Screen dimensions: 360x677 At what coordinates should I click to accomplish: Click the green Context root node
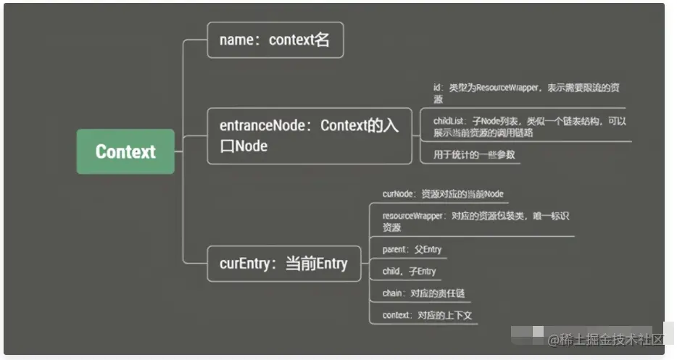125,151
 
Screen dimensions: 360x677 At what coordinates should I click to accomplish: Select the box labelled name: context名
275,40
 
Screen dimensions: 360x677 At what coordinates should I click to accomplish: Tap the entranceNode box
309,135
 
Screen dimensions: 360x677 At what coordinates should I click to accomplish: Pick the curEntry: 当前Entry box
283,264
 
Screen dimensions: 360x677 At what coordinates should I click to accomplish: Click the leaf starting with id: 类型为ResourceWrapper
519,93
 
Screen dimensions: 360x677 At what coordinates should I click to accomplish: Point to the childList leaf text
529,127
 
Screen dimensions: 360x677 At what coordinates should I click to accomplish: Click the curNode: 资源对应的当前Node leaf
442,194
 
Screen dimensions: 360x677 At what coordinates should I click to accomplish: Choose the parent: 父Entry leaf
412,250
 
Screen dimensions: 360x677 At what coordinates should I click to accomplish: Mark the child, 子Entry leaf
409,272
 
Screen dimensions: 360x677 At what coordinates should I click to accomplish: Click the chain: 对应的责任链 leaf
423,293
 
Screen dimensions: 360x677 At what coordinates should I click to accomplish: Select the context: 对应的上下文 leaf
427,315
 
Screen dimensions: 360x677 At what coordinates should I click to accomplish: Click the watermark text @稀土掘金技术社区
605,339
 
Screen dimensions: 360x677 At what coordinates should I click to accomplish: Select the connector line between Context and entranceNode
190,136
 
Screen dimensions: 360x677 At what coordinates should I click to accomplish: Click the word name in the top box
236,41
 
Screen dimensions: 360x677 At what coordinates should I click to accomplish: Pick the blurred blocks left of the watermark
527,335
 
